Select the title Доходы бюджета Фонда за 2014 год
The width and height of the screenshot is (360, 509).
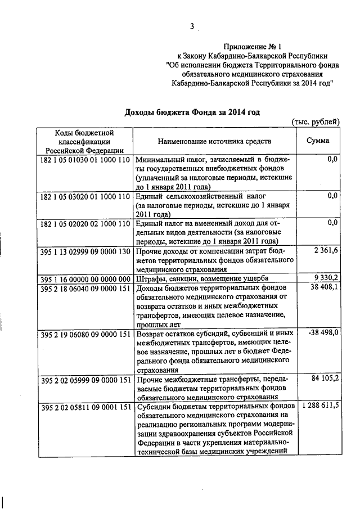tap(192, 112)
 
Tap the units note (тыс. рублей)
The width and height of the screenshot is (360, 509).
tap(316, 122)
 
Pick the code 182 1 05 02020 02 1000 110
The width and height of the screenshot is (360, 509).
tap(85, 223)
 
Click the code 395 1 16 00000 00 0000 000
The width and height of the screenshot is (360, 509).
tap(85, 279)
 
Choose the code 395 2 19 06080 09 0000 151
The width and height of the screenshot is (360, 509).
tap(85, 334)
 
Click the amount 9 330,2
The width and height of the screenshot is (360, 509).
tap(325, 278)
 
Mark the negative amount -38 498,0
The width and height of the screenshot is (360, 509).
tap(323, 334)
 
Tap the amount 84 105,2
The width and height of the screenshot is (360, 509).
tap(325, 379)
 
